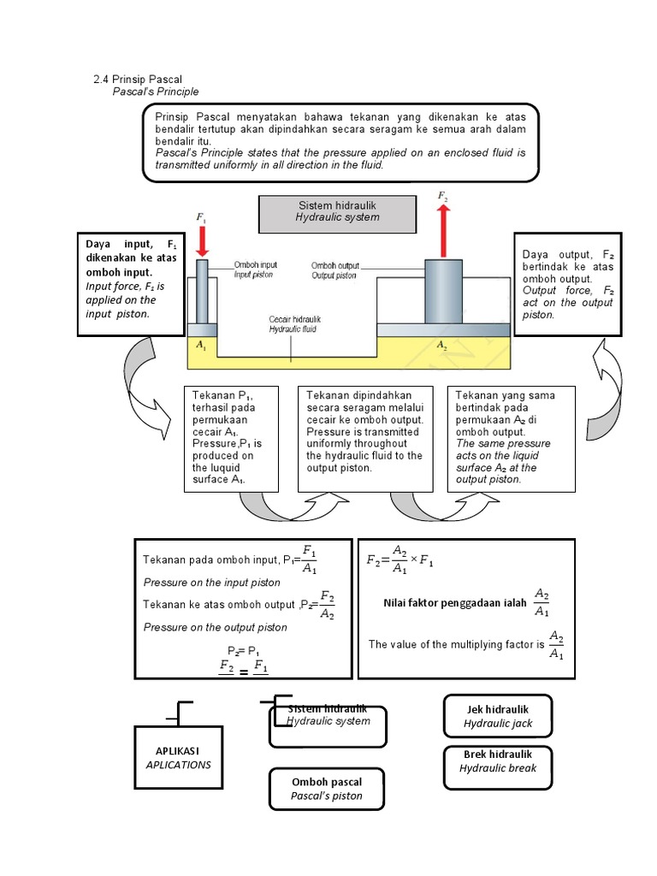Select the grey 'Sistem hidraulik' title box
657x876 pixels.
click(337, 212)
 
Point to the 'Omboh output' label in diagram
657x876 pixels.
click(334, 265)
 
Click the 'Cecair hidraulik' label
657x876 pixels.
click(294, 319)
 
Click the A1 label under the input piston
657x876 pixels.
click(201, 346)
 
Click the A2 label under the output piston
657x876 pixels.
click(442, 346)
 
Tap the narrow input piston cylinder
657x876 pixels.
click(203, 291)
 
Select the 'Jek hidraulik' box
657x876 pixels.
click(498, 716)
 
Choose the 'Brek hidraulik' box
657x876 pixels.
click(498, 761)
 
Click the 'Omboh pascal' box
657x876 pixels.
click(327, 789)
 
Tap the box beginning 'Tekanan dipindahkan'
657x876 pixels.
click(365, 438)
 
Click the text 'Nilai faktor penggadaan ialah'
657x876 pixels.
click(455, 602)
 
